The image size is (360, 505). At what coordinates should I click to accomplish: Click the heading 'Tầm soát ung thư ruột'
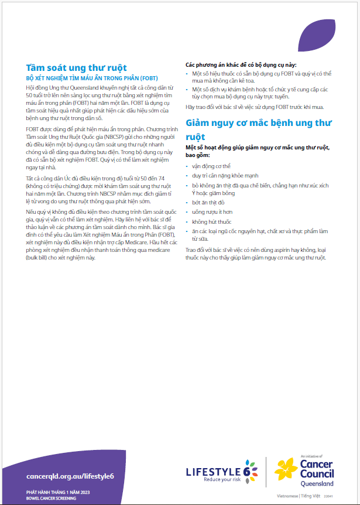coord(76,68)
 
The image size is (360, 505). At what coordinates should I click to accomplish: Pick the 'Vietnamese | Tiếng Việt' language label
coord(297,496)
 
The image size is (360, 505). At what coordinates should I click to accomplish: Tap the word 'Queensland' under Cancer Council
coord(317,483)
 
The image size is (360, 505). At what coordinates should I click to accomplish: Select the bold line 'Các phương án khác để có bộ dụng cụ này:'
coord(241,64)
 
